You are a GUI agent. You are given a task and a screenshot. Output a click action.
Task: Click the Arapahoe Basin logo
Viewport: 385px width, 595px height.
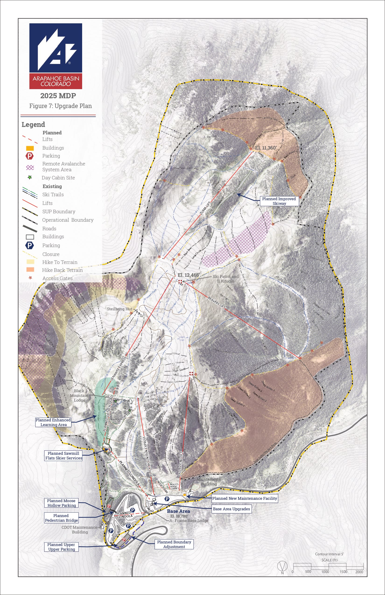click(56, 56)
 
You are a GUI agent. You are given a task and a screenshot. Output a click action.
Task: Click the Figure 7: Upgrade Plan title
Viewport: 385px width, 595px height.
click(60, 106)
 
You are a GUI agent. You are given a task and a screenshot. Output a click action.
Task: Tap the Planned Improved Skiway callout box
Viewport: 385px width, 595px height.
click(279, 201)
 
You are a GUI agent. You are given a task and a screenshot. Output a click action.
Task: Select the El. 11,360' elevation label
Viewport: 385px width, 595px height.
click(266, 148)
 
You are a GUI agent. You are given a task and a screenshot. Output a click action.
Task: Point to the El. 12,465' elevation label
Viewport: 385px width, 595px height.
click(189, 275)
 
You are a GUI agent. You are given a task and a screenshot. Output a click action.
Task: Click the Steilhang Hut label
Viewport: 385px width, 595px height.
click(119, 309)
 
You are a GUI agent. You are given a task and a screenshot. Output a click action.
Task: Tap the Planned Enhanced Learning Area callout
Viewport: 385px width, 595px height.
click(53, 422)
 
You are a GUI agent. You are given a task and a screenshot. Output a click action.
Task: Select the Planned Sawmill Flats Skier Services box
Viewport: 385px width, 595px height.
click(63, 455)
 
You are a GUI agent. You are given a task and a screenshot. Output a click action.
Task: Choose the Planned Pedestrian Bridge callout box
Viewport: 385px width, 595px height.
click(61, 518)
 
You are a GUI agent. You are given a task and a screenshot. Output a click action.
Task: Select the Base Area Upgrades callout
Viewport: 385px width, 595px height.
click(231, 509)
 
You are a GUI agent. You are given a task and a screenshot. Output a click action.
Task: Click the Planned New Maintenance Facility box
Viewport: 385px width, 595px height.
click(245, 498)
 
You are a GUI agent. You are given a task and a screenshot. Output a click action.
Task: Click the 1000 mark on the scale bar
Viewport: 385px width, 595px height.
click(325, 572)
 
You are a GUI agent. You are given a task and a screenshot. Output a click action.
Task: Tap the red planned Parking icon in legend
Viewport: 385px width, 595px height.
click(29, 156)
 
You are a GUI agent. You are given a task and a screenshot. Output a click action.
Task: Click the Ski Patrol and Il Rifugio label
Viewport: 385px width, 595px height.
click(225, 279)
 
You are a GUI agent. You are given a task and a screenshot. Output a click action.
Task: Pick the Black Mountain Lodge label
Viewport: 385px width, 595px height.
click(79, 395)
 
